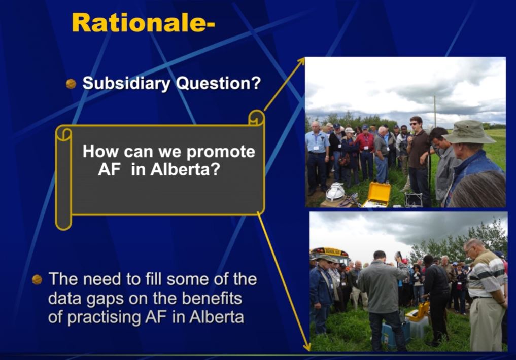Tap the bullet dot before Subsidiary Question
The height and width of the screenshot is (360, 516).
(71, 84)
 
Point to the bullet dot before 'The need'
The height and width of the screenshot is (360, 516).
(37, 279)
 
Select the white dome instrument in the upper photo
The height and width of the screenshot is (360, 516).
(335, 192)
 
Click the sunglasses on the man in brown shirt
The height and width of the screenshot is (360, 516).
(415, 124)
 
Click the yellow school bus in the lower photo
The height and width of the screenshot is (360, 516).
(329, 254)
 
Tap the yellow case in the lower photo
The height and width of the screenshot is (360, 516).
(420, 311)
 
